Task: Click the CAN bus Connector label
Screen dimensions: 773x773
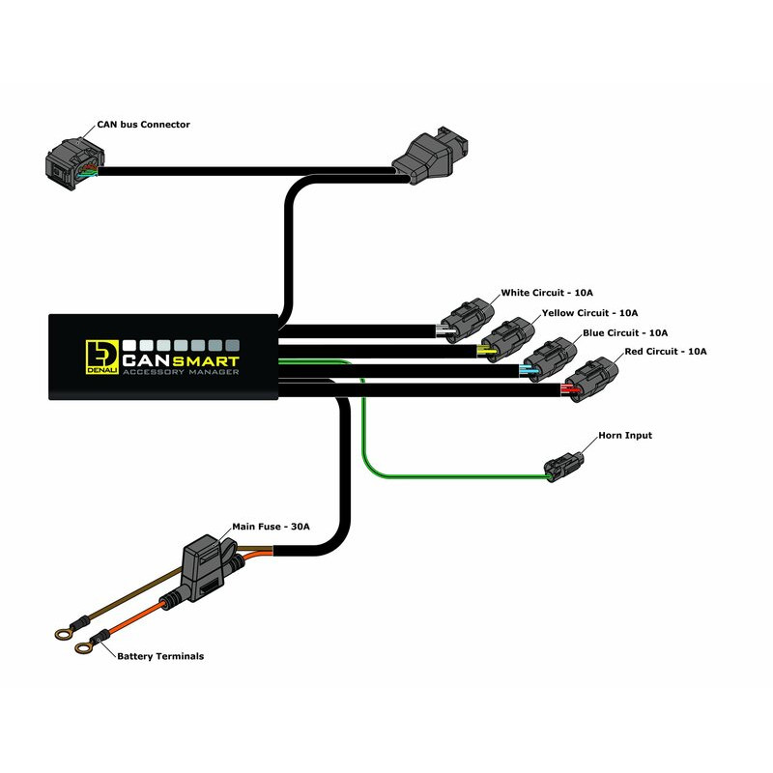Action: click(x=143, y=125)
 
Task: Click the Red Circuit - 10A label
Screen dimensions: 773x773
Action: click(x=666, y=351)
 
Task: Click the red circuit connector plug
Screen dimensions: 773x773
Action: click(x=590, y=378)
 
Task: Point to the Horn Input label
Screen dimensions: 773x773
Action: click(x=625, y=436)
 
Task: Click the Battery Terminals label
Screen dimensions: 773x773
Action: click(x=160, y=656)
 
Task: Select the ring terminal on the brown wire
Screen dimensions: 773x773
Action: click(x=61, y=634)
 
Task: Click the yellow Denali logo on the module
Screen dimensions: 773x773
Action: click(x=100, y=355)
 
